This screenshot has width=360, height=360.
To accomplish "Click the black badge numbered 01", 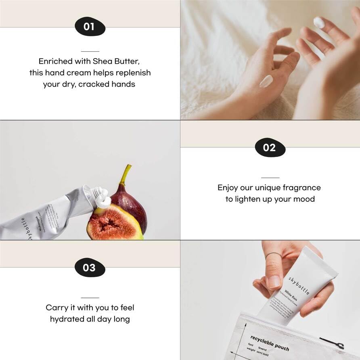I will tap(90, 27).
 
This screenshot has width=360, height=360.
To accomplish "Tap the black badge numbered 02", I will tap(270, 147).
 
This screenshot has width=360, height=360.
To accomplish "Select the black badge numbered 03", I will tap(90, 268).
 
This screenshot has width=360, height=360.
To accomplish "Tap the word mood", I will tap(303, 199).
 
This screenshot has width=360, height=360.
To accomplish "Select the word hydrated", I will tap(67, 319).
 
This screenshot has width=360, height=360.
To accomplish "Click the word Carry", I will tap(57, 308).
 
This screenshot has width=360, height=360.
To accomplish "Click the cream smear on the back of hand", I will tap(266, 81).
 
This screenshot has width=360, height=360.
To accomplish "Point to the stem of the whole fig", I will tap(127, 174).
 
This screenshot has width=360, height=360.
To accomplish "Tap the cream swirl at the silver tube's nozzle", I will tap(103, 198).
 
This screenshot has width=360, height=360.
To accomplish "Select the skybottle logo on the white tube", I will tap(299, 285).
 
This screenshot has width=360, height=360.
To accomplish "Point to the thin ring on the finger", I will tap(274, 255).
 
